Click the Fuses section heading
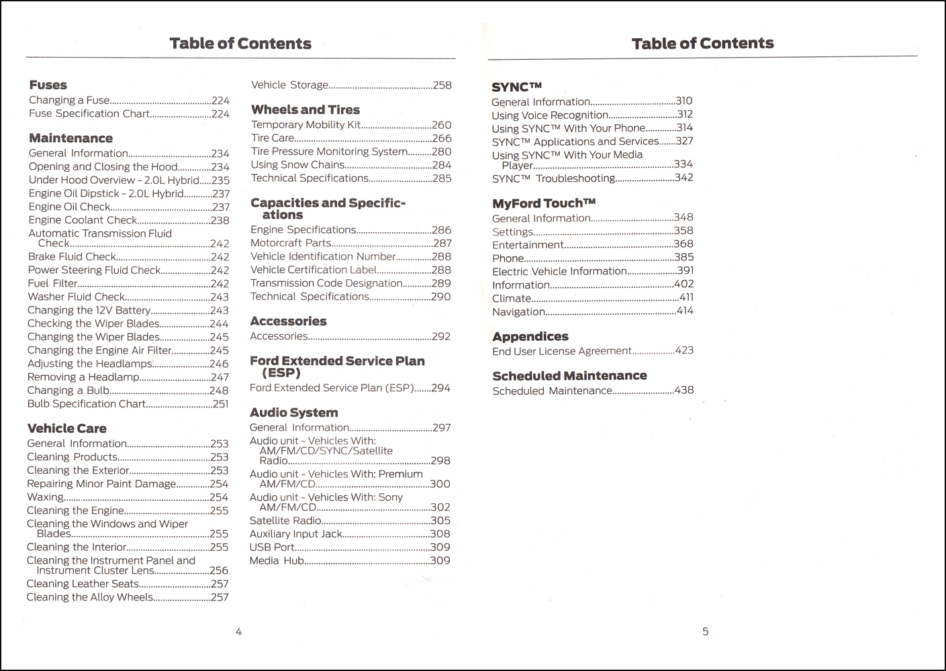pyautogui.click(x=48, y=85)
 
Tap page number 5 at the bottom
pyautogui.click(x=705, y=631)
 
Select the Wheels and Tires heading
pyautogui.click(x=305, y=109)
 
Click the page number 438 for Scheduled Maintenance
pyautogui.click(x=683, y=390)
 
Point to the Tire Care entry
pyautogui.click(x=273, y=138)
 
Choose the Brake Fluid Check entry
pyautogui.click(x=73, y=257)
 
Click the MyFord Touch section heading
pyautogui.click(x=544, y=203)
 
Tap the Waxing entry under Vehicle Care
pyautogui.click(x=46, y=497)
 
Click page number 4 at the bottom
pyautogui.click(x=238, y=631)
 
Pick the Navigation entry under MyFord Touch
pyautogui.click(x=518, y=311)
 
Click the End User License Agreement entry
pyautogui.click(x=561, y=351)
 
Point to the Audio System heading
pyautogui.click(x=293, y=413)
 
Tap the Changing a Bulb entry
pyautogui.click(x=68, y=391)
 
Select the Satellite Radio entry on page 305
pyautogui.click(x=285, y=521)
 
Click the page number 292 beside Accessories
pyautogui.click(x=440, y=336)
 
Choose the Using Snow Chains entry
pyautogui.click(x=297, y=165)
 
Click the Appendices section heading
pyautogui.click(x=530, y=336)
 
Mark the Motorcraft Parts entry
pyautogui.click(x=291, y=243)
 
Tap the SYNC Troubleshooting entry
pyautogui.click(x=553, y=178)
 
